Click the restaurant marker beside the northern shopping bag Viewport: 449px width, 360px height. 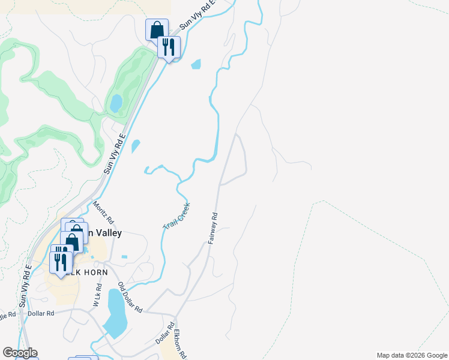pos(169,46)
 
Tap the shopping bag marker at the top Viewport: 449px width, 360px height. pos(157,29)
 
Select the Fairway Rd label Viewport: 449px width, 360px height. pos(212,229)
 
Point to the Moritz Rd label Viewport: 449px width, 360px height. pos(103,213)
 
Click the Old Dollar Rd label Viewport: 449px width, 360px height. pos(130,298)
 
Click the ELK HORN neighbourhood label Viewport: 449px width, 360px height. pos(90,272)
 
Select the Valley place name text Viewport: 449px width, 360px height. pos(106,233)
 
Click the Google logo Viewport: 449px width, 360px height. pos(19,353)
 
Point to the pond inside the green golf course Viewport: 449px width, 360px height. pos(115,104)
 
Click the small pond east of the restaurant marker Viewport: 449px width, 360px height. pos(196,64)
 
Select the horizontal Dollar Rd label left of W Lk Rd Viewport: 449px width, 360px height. pos(41,313)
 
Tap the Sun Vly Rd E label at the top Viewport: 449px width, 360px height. pos(197,16)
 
